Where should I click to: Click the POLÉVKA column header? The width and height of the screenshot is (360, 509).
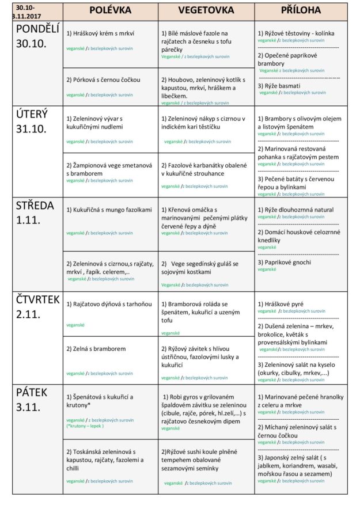point(110,10)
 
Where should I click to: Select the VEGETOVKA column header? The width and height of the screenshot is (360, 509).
point(206,10)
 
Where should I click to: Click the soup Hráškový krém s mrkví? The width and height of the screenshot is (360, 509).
point(100,33)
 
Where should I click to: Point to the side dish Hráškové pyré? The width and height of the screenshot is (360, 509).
point(281,303)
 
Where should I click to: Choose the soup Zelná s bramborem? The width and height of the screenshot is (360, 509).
point(96,348)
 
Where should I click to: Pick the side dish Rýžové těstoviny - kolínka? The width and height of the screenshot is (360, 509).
point(295,33)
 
